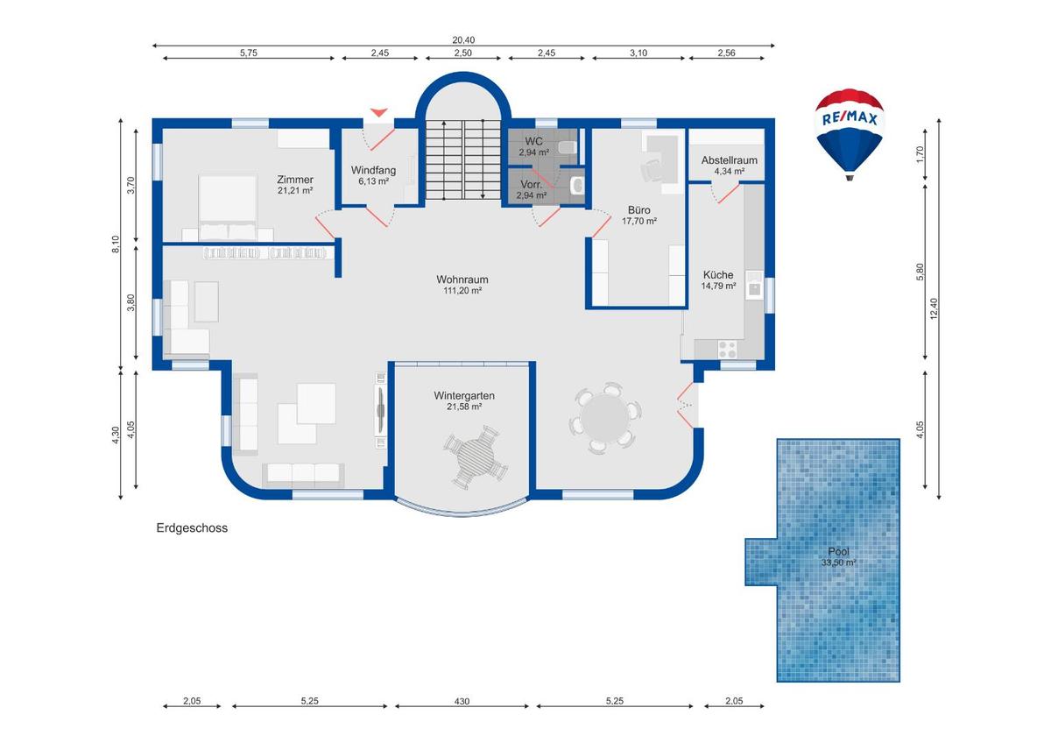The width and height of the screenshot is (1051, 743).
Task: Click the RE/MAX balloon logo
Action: [849, 131]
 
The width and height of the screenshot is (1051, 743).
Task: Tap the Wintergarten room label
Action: [463, 396]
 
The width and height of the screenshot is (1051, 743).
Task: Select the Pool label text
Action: [838, 552]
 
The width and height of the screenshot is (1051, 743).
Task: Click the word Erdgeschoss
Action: [192, 528]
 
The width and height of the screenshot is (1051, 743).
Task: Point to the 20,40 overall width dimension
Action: [463, 39]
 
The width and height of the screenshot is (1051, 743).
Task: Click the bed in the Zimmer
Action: [227, 206]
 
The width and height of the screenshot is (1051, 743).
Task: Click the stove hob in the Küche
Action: [728, 348]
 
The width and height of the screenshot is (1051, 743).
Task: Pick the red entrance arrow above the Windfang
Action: [378, 112]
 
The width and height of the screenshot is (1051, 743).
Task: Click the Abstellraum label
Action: [729, 160]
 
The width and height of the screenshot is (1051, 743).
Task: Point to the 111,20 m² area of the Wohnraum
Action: [462, 291]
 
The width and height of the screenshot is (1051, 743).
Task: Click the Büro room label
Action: [638, 210]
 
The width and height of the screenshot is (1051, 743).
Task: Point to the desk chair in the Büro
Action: [651, 169]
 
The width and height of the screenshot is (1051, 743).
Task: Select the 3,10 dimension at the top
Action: [638, 53]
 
